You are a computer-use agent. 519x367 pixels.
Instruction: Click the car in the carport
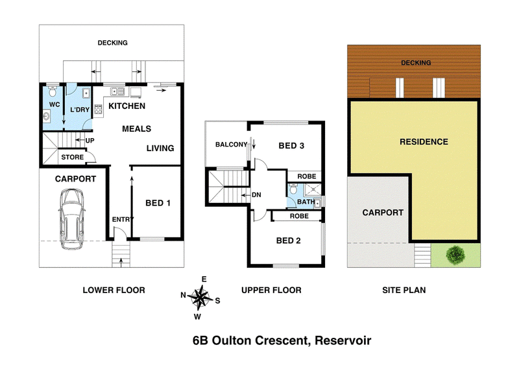(x=72, y=219)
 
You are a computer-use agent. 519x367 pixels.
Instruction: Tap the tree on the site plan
(x=455, y=255)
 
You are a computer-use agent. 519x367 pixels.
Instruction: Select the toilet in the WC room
(x=53, y=91)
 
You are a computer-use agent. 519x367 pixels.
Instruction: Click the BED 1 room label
(x=158, y=203)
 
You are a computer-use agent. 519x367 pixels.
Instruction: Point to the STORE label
(x=73, y=157)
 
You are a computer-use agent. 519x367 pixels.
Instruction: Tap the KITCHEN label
(x=127, y=106)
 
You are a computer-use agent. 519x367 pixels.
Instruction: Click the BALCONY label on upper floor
(x=231, y=145)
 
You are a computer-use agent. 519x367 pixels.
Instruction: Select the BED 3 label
(x=291, y=146)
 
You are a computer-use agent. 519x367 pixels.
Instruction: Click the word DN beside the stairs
(x=256, y=195)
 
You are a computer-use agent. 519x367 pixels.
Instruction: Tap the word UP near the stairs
(x=90, y=140)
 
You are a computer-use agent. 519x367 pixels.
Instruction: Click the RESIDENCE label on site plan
(x=424, y=142)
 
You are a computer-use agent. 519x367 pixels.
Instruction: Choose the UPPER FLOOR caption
(x=271, y=290)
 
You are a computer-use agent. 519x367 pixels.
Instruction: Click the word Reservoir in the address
(x=343, y=340)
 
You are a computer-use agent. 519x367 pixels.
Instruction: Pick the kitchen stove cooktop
(x=99, y=109)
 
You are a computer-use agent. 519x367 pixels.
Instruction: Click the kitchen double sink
(x=117, y=91)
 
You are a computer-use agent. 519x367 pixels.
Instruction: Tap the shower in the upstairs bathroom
(x=313, y=189)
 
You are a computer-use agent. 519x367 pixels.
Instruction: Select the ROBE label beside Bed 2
(x=299, y=216)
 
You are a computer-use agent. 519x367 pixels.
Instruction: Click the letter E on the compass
(x=204, y=279)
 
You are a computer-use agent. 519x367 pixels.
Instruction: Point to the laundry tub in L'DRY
(x=86, y=93)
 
